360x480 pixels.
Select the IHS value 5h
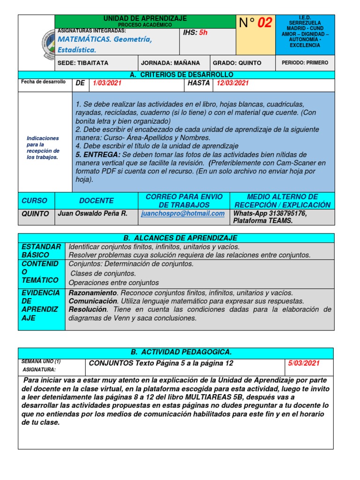click(203, 33)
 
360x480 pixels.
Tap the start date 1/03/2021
click(107, 83)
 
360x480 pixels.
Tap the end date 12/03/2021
click(232, 83)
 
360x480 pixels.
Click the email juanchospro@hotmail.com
click(183, 214)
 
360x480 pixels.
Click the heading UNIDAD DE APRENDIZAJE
click(145, 18)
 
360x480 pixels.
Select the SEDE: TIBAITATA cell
click(83, 63)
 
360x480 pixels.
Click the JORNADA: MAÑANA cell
click(171, 63)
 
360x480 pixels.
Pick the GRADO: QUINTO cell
click(237, 63)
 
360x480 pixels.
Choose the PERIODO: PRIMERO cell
click(305, 63)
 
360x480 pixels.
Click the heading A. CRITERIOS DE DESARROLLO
click(181, 75)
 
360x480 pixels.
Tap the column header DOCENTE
click(96, 201)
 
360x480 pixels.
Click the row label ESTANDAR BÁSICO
click(41, 251)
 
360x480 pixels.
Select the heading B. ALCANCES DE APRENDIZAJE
click(176, 238)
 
